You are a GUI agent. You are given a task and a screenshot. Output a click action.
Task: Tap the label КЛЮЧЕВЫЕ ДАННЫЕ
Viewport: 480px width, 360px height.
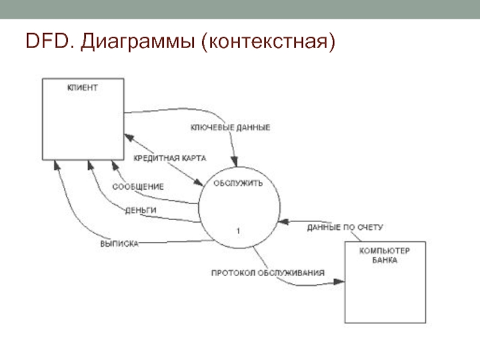tap(230, 127)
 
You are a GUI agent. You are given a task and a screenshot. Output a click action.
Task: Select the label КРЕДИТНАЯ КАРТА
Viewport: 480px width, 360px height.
tap(170, 158)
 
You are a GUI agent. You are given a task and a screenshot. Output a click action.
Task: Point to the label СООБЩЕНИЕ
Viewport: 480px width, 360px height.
tap(138, 186)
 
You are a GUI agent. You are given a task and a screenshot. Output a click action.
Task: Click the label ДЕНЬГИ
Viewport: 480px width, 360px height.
tap(141, 210)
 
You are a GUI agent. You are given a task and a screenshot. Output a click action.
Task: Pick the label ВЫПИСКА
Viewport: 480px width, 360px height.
tap(119, 244)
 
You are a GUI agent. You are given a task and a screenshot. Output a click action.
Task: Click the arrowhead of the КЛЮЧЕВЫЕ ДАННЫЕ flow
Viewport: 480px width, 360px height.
tap(235, 163)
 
